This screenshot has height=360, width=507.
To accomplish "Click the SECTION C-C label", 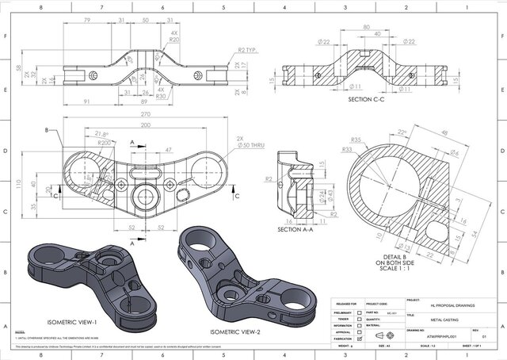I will click(x=368, y=101).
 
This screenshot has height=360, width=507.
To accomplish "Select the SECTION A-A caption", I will click(x=299, y=230).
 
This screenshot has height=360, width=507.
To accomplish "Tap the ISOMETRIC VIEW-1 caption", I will click(x=71, y=322).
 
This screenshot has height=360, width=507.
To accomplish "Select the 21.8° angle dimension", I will click(x=101, y=134).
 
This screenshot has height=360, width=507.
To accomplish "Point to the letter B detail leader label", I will click(x=47, y=130).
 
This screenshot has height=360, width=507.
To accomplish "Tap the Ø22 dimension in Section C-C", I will click(x=302, y=41).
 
